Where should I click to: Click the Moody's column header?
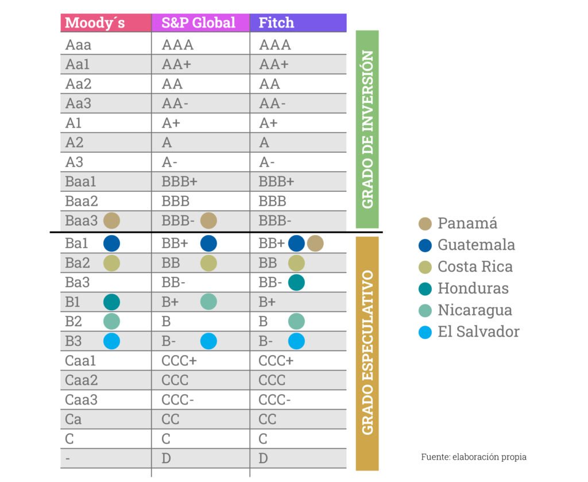[x=95, y=23]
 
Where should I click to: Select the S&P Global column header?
[x=199, y=23]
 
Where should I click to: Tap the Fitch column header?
[x=276, y=23]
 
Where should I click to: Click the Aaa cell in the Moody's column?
[x=78, y=45]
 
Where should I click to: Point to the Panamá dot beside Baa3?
[x=111, y=220]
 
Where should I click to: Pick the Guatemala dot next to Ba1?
[x=111, y=243]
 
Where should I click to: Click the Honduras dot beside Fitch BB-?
[x=296, y=282]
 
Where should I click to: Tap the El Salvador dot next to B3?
[x=111, y=341]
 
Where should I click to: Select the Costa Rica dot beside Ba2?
[x=111, y=263]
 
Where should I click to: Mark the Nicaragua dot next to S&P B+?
[x=208, y=302]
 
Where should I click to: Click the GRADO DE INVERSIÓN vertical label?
[x=367, y=129]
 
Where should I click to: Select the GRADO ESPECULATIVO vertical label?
[x=367, y=353]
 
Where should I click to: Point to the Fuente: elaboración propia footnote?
[x=473, y=457]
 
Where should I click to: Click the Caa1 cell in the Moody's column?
[x=81, y=361]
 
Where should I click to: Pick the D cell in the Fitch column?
[x=264, y=458]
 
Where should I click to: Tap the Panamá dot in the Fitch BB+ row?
[x=315, y=243]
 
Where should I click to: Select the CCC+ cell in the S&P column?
[x=179, y=361]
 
